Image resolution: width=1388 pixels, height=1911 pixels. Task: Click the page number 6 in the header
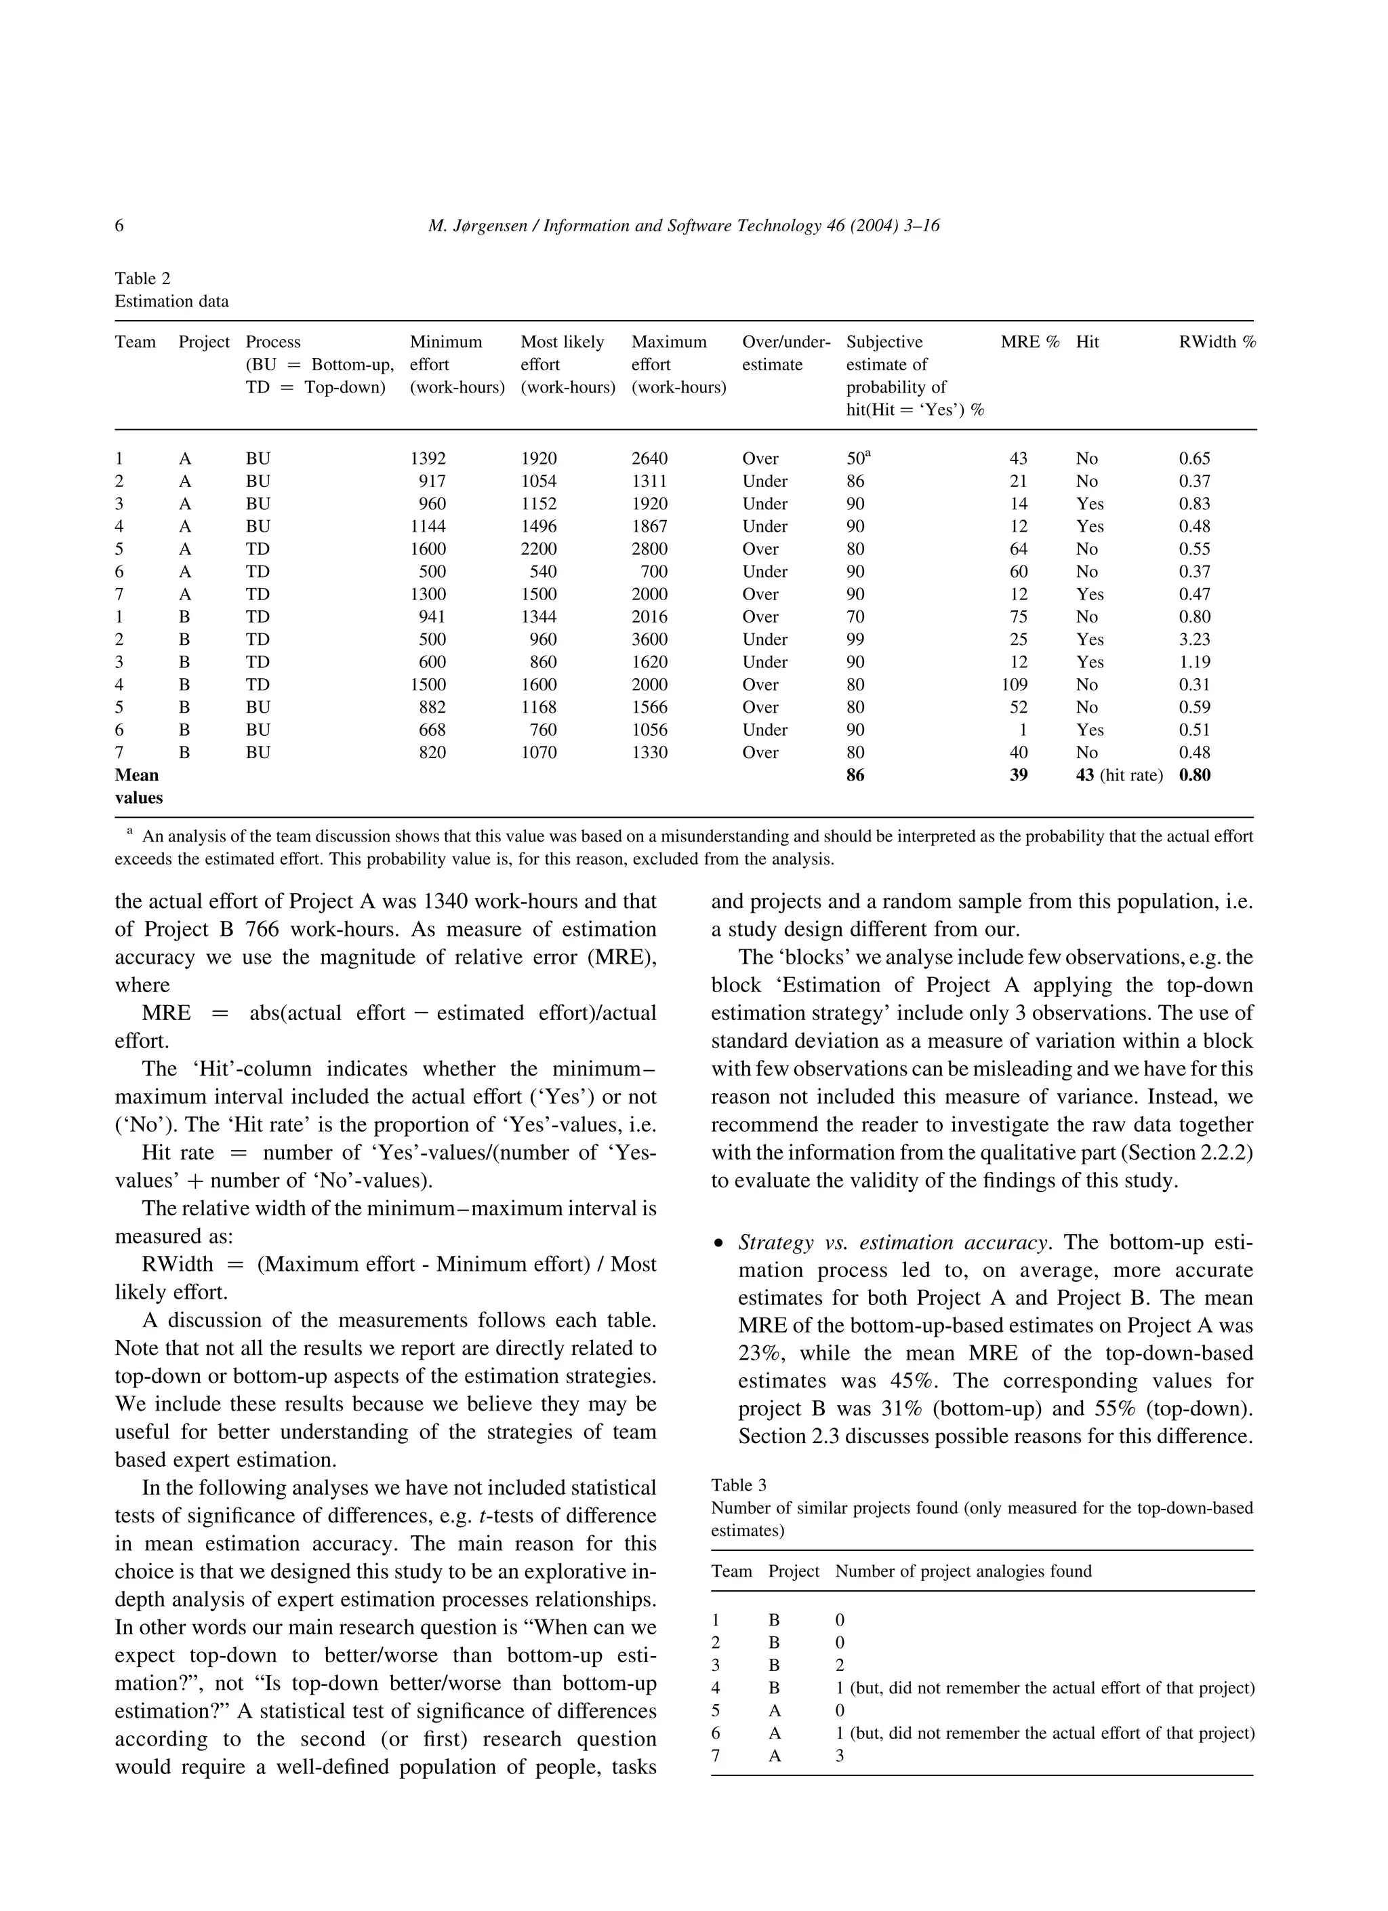pyautogui.click(x=119, y=226)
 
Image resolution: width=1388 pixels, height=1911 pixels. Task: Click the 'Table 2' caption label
pyautogui.click(x=142, y=279)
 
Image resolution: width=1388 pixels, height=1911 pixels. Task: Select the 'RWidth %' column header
pyautogui.click(x=1217, y=342)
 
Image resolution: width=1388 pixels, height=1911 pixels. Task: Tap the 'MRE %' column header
pyautogui.click(x=1029, y=342)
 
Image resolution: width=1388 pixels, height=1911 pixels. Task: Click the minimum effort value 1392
pyautogui.click(x=428, y=459)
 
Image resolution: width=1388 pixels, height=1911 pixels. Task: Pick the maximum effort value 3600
pyautogui.click(x=649, y=639)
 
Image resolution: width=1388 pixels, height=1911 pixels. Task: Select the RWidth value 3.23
pyautogui.click(x=1194, y=639)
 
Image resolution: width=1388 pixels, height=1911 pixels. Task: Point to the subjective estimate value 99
pyautogui.click(x=856, y=639)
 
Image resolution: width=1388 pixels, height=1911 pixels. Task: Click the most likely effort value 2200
pyautogui.click(x=539, y=549)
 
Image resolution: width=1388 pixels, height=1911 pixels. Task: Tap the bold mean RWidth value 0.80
pyautogui.click(x=1194, y=775)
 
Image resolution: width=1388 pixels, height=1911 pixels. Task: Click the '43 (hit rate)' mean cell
pyautogui.click(x=1118, y=775)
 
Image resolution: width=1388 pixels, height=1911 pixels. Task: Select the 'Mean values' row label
pyautogui.click(x=138, y=786)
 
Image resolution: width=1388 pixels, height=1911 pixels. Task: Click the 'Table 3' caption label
pyautogui.click(x=739, y=1486)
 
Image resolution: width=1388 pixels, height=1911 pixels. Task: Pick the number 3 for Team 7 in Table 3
pyautogui.click(x=840, y=1756)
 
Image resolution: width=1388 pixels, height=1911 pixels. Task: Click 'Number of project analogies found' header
pyautogui.click(x=962, y=1571)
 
